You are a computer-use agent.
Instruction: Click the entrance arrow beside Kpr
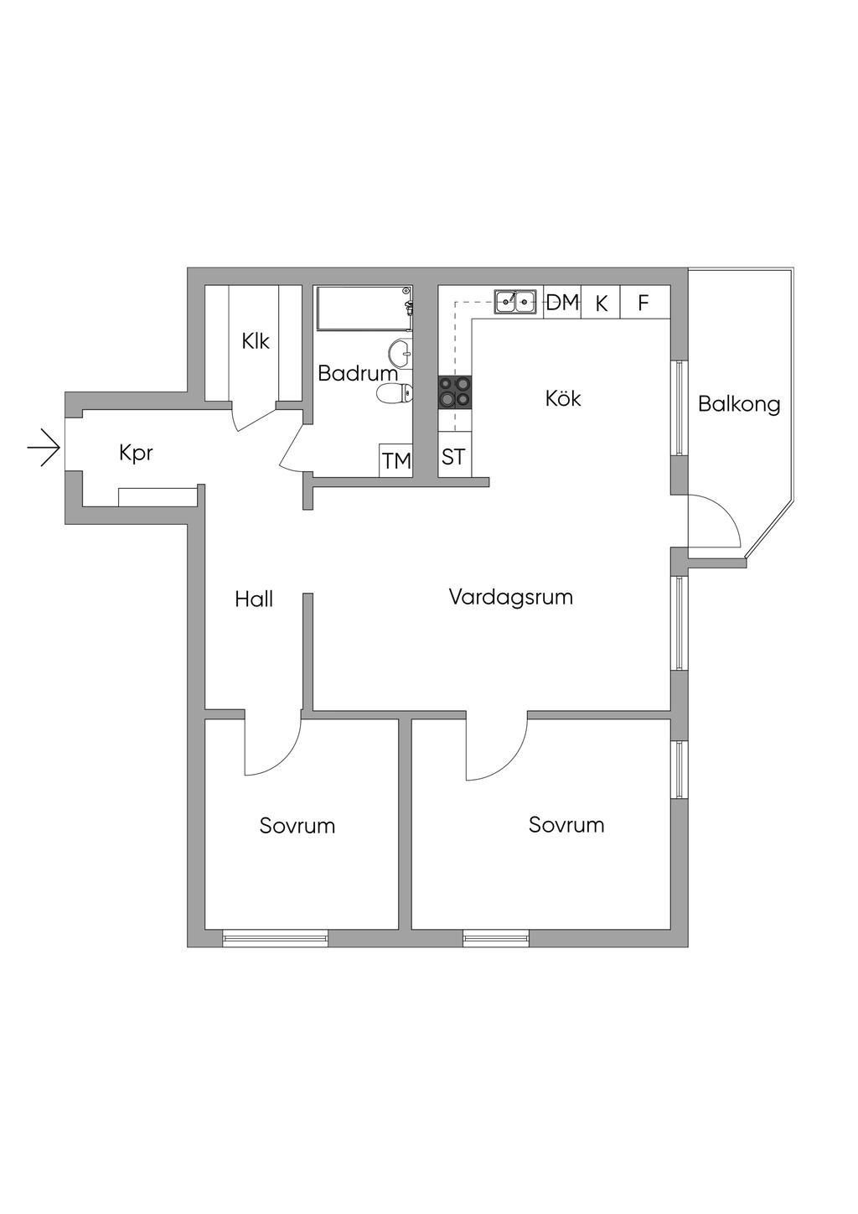44,450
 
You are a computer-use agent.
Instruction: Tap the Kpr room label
136,454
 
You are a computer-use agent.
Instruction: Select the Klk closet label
255,341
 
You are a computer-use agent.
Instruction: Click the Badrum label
357,374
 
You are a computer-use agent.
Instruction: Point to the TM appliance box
396,460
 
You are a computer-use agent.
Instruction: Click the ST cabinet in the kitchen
453,458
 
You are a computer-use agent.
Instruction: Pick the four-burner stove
455,392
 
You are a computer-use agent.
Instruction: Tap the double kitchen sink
515,301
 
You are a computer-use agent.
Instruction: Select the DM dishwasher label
562,303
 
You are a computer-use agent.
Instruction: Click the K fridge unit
601,303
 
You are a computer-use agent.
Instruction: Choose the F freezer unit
643,303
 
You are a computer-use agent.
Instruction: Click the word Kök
563,398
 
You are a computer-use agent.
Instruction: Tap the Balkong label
739,405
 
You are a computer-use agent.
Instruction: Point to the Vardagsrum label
510,597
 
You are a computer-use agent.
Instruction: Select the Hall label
254,599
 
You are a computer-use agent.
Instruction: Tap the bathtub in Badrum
362,309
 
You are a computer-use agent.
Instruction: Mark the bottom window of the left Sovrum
276,938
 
